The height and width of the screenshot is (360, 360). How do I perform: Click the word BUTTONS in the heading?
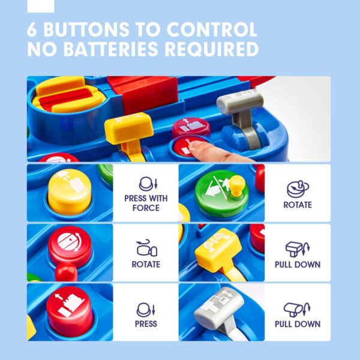(86, 29)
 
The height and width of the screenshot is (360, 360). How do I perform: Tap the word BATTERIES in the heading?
(110, 49)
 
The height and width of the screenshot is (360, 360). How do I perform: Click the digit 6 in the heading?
(32, 29)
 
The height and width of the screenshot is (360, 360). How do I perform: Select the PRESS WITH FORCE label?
(146, 203)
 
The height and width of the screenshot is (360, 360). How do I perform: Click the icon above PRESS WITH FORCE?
(148, 184)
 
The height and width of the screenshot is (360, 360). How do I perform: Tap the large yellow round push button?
(70, 192)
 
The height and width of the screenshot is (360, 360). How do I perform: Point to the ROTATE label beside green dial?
(298, 205)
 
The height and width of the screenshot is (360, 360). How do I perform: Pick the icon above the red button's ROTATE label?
(146, 248)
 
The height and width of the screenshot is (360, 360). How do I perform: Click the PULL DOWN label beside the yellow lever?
(298, 265)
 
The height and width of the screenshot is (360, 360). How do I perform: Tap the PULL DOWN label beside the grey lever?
(298, 324)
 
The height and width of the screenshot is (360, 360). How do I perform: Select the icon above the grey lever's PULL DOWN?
(297, 309)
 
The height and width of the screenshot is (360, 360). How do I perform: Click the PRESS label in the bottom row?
(146, 324)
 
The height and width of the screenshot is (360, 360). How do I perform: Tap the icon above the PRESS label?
(146, 310)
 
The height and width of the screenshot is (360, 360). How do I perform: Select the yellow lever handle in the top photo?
(129, 128)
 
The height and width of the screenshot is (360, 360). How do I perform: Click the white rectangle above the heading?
(41, 6)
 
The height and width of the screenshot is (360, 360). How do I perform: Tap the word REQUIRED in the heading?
(212, 49)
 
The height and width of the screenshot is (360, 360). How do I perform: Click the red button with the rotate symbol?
(70, 245)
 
